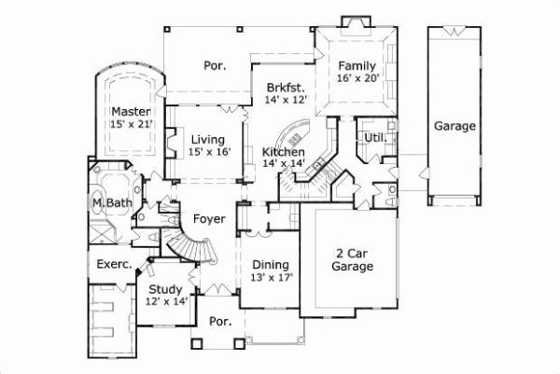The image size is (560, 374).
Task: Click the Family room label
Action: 357,66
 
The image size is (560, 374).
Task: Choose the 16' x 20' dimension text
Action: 357,79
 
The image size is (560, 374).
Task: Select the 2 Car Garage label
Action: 354,259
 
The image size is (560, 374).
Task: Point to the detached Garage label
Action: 455,126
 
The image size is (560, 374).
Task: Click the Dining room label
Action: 271,265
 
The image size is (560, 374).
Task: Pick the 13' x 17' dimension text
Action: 272,278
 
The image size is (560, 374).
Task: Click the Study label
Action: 165,289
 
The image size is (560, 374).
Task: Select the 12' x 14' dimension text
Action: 166,301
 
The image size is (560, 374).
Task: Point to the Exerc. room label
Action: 113,264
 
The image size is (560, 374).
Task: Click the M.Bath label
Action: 110,202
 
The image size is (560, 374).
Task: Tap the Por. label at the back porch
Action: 216,65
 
